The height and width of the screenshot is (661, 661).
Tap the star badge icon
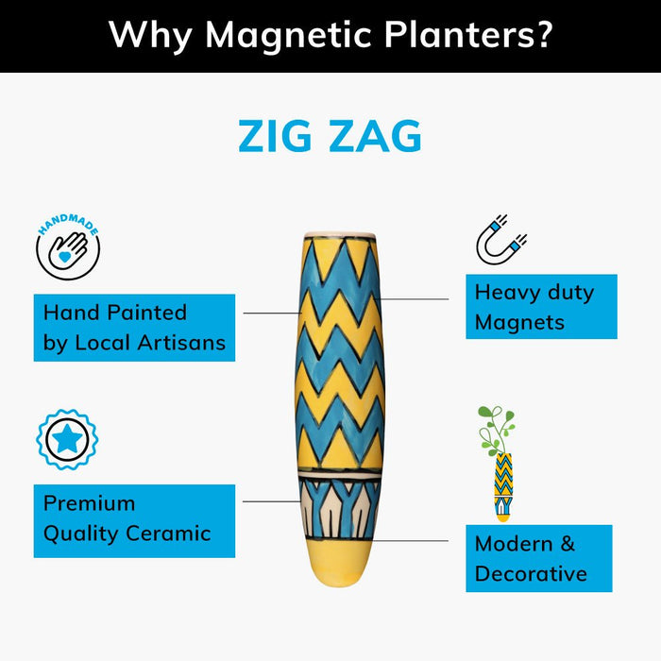[x=67, y=439]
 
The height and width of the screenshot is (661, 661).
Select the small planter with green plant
[x=500, y=463]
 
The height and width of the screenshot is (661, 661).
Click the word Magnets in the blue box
[x=519, y=322]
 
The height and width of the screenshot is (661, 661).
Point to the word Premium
[x=90, y=503]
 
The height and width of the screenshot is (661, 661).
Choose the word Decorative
[x=531, y=573]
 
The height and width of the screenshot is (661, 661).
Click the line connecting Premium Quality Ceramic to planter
[x=271, y=501]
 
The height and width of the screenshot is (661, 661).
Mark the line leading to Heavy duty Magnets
[x=415, y=299]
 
